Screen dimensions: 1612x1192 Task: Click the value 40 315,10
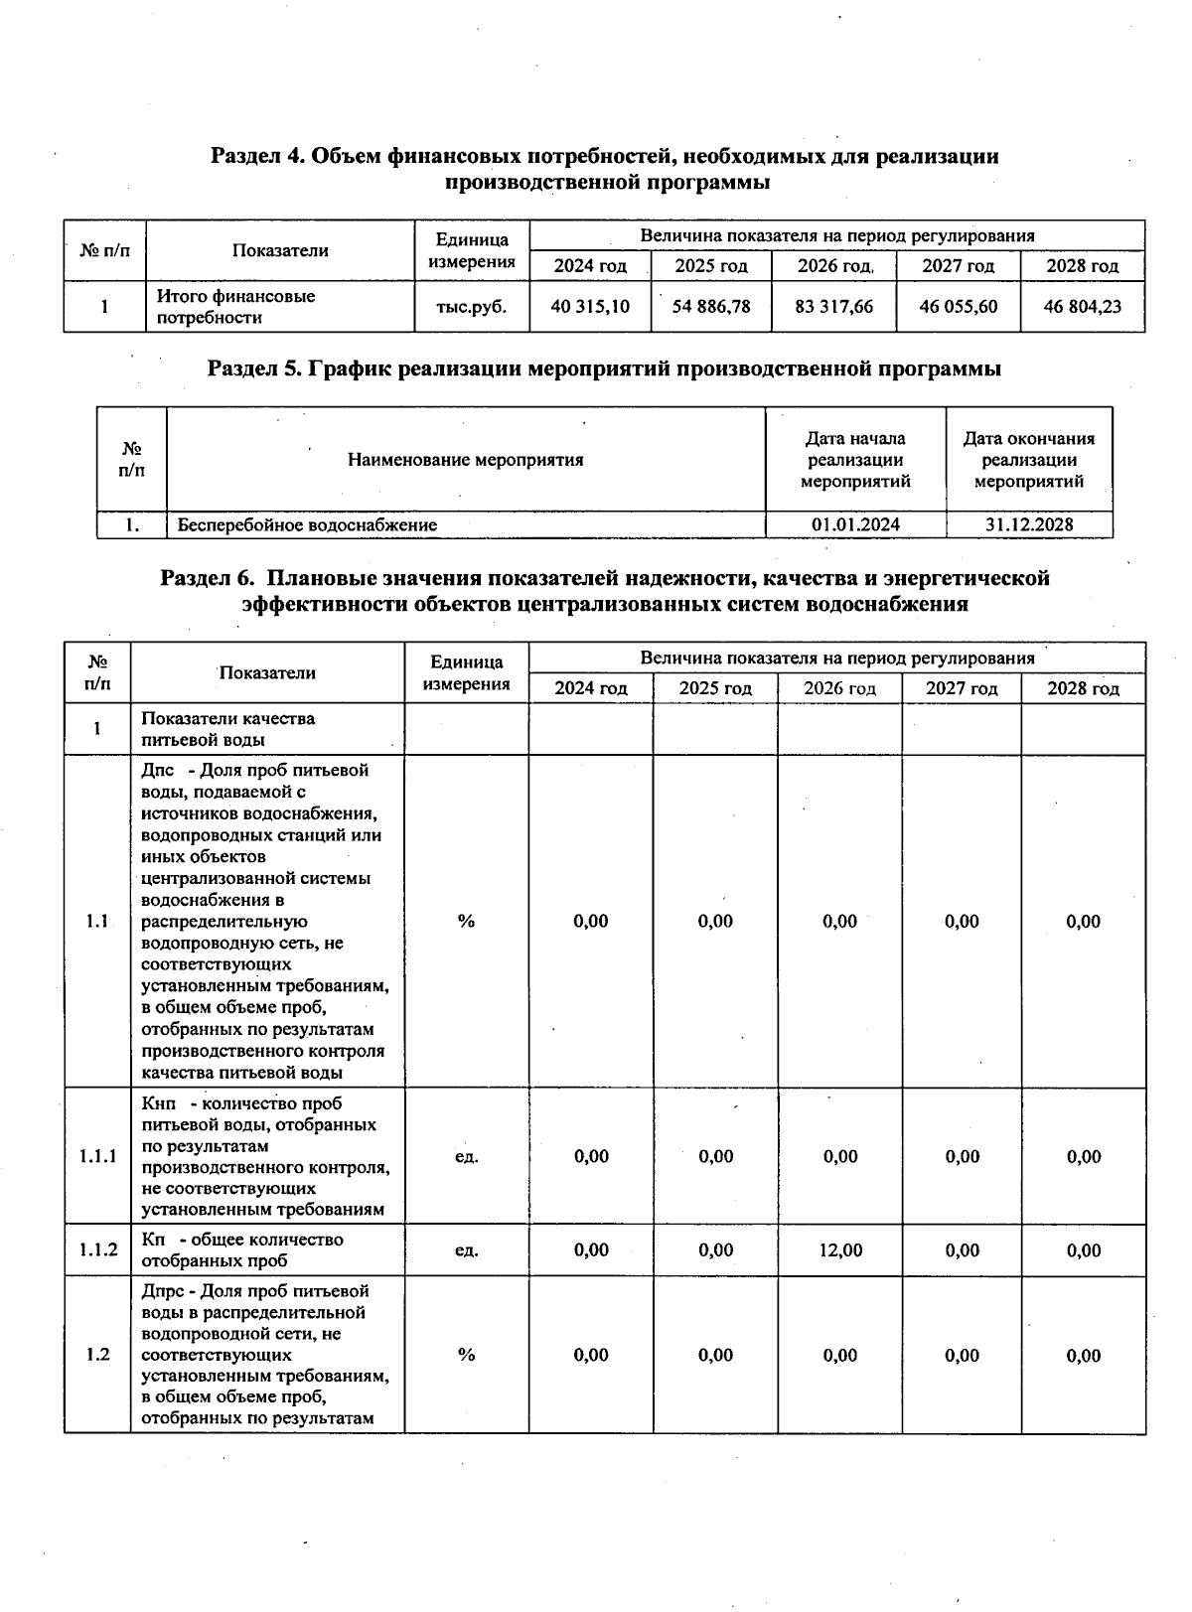coord(590,307)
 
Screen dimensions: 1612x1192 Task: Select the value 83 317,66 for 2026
coord(834,307)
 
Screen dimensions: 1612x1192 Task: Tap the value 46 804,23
coord(1082,307)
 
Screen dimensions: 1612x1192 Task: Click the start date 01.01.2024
coord(855,524)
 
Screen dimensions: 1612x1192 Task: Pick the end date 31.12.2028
coord(1029,524)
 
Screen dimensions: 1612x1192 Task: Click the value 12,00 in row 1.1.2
coord(840,1250)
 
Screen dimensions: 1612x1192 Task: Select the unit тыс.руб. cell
coord(472,307)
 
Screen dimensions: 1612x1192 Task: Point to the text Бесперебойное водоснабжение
coord(307,524)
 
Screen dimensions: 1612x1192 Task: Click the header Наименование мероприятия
coord(466,460)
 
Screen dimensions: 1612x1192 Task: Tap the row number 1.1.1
coord(97,1156)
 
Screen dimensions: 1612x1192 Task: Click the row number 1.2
coord(97,1355)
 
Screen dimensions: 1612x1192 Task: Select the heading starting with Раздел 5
coord(604,369)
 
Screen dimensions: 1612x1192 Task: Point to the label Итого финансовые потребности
coord(236,307)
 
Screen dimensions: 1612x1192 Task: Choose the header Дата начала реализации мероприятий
coord(855,460)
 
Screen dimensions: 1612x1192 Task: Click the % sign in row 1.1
coord(466,921)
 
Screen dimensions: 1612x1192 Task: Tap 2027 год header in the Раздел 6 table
coord(962,688)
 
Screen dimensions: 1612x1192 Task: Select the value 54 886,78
coord(711,307)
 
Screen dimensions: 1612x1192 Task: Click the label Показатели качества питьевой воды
coord(228,729)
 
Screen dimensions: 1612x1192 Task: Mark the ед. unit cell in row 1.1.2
coord(466,1250)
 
